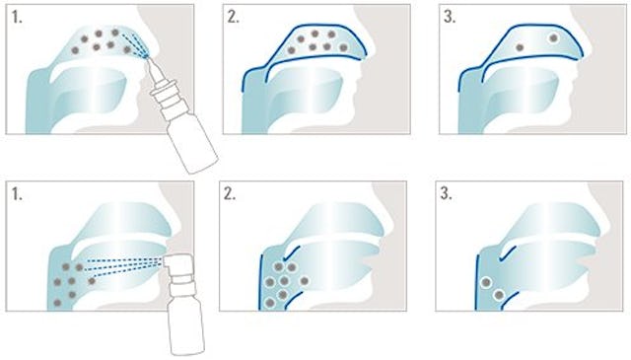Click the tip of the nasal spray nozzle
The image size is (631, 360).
(147, 58)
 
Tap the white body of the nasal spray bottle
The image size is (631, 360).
(193, 145)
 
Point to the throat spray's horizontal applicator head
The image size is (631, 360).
(178, 261)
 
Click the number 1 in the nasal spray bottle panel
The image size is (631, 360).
(17, 18)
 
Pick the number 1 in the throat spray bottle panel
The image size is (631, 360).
(17, 194)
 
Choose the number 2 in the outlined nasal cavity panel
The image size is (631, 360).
(233, 18)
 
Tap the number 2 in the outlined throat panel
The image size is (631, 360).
(230, 194)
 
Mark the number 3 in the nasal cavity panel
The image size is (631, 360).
(450, 18)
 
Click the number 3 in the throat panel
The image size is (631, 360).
(446, 194)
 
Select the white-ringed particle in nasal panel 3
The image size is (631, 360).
(553, 38)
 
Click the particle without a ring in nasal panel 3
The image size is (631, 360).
(520, 47)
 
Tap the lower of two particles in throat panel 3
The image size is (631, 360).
(499, 295)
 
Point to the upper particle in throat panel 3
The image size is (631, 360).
(486, 283)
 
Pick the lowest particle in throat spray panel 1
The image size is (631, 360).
(57, 303)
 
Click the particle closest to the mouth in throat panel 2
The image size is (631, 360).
(305, 281)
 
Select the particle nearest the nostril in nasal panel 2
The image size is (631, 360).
(343, 47)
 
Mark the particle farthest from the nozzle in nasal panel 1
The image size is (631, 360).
(75, 50)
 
